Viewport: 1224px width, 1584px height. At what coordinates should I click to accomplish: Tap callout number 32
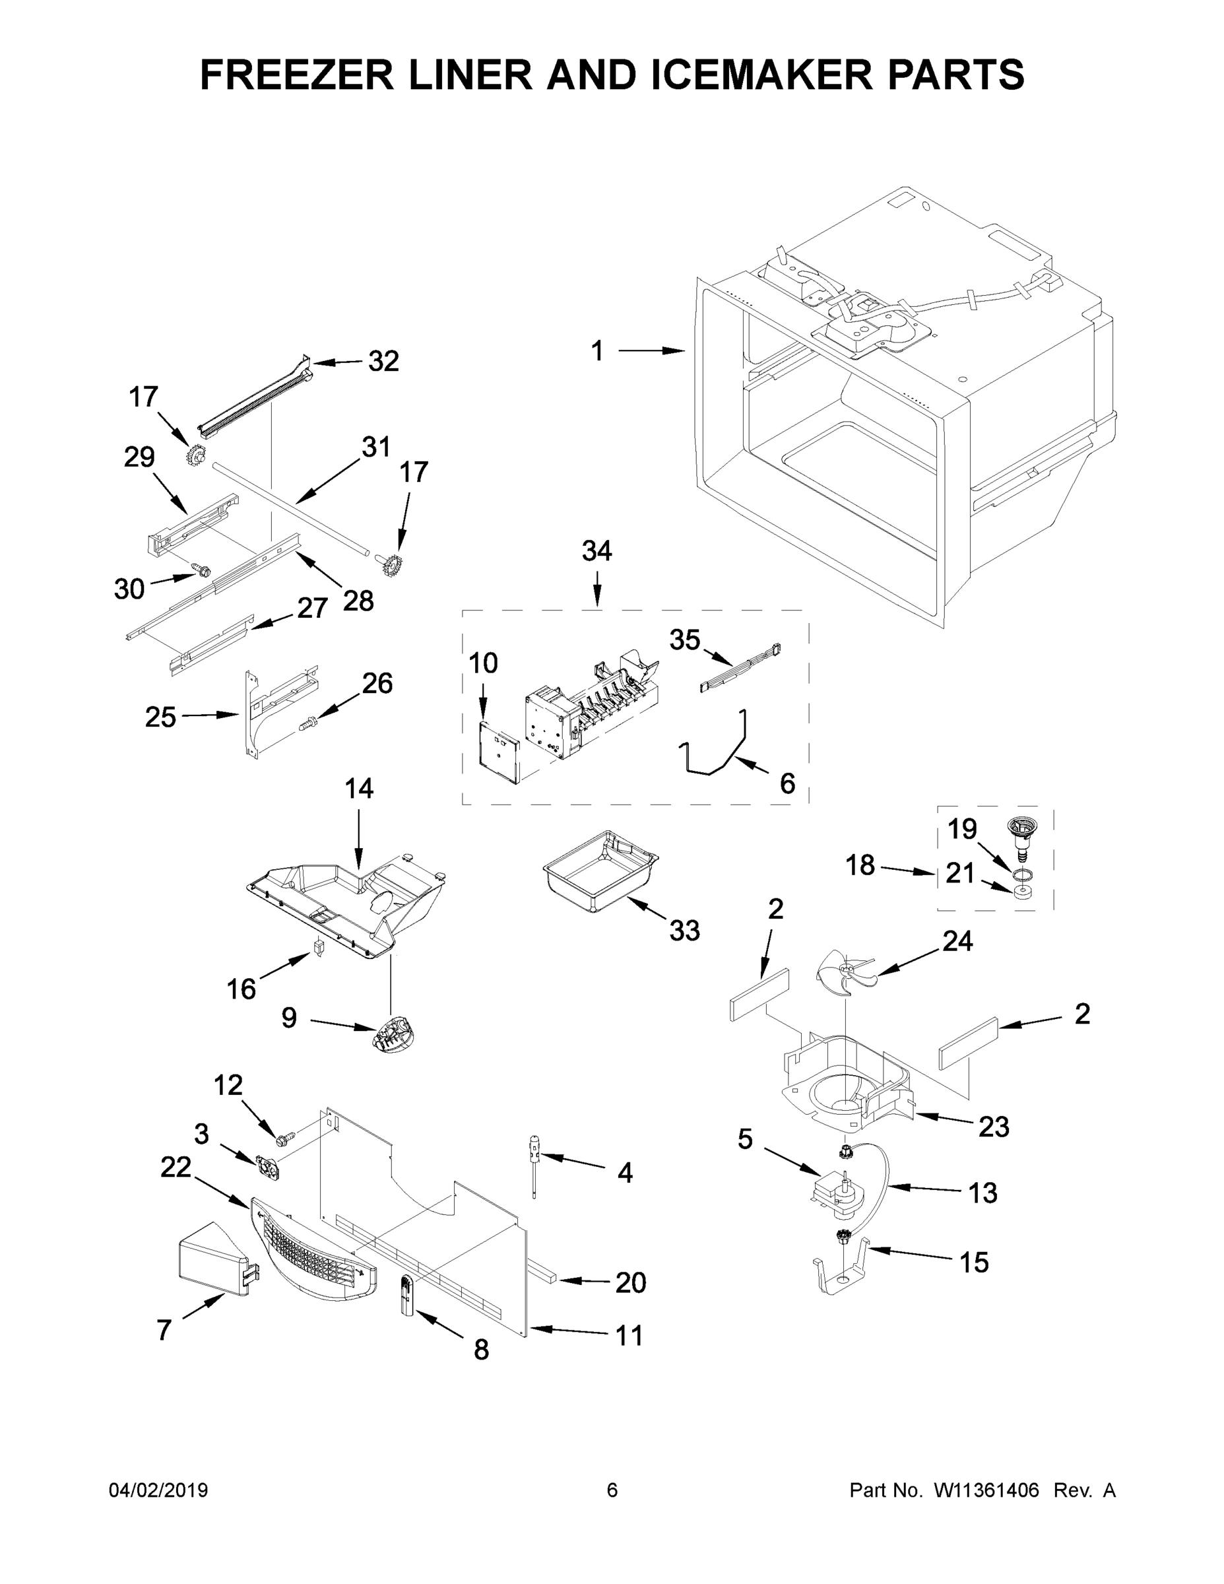click(383, 360)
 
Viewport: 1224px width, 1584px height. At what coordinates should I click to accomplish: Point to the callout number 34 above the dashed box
click(596, 551)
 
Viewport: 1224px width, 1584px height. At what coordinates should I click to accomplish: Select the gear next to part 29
click(195, 456)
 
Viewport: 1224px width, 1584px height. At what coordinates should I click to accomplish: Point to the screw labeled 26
click(308, 723)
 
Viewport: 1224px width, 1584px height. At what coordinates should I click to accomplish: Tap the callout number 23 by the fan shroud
click(994, 1127)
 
